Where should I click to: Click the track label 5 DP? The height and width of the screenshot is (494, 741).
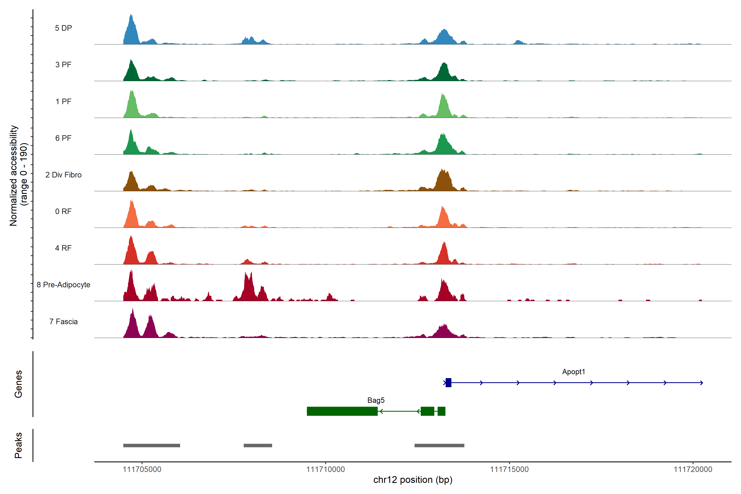click(63, 28)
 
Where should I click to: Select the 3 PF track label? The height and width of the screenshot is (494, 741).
click(63, 65)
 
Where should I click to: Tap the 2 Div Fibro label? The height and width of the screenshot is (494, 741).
click(63, 175)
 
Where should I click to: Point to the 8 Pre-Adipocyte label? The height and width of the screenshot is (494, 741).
click(63, 285)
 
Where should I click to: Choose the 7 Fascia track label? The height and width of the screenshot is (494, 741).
click(63, 322)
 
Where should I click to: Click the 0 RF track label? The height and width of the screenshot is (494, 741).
click(63, 211)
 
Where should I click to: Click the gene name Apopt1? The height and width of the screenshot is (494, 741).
click(573, 372)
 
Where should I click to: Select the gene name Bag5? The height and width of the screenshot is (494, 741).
click(376, 400)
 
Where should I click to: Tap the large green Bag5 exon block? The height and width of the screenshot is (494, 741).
click(342, 411)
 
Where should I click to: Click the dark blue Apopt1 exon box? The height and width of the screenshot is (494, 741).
click(448, 382)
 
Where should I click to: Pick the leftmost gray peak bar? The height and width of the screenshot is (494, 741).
click(151, 445)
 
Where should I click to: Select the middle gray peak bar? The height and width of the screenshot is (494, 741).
click(258, 445)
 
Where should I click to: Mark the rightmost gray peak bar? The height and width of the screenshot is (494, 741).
click(439, 445)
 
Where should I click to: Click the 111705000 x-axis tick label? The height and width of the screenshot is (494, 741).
click(142, 470)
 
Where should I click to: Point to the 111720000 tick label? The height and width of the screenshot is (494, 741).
click(693, 470)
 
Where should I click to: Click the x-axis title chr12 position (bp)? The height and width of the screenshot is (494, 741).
click(413, 480)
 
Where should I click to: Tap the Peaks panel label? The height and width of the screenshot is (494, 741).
click(18, 445)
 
